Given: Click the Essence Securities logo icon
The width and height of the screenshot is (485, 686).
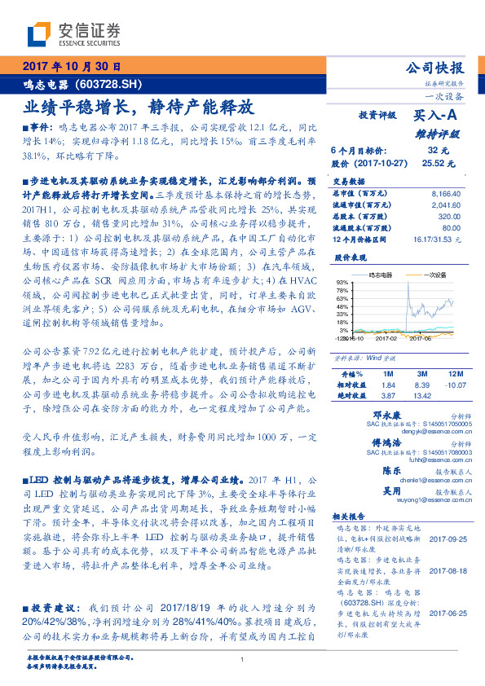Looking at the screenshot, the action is point(39,33).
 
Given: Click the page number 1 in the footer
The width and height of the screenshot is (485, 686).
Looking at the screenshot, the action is point(243,661).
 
